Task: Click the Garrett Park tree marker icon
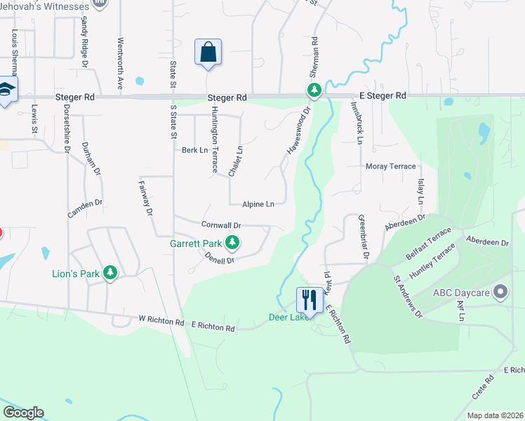tap(232, 244)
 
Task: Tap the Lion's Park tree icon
tap(109, 272)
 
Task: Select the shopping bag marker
tap(208, 53)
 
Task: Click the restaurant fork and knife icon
tap(310, 300)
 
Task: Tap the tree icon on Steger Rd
tap(314, 91)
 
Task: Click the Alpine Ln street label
tap(258, 204)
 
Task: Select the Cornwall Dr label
tap(221, 225)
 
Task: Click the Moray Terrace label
tap(391, 166)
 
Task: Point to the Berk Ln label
tap(195, 150)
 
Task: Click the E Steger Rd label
tap(383, 95)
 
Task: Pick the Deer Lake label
tap(286, 317)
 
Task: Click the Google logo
tap(23, 412)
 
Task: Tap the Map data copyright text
tap(495, 415)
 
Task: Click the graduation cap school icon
tap(7, 90)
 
